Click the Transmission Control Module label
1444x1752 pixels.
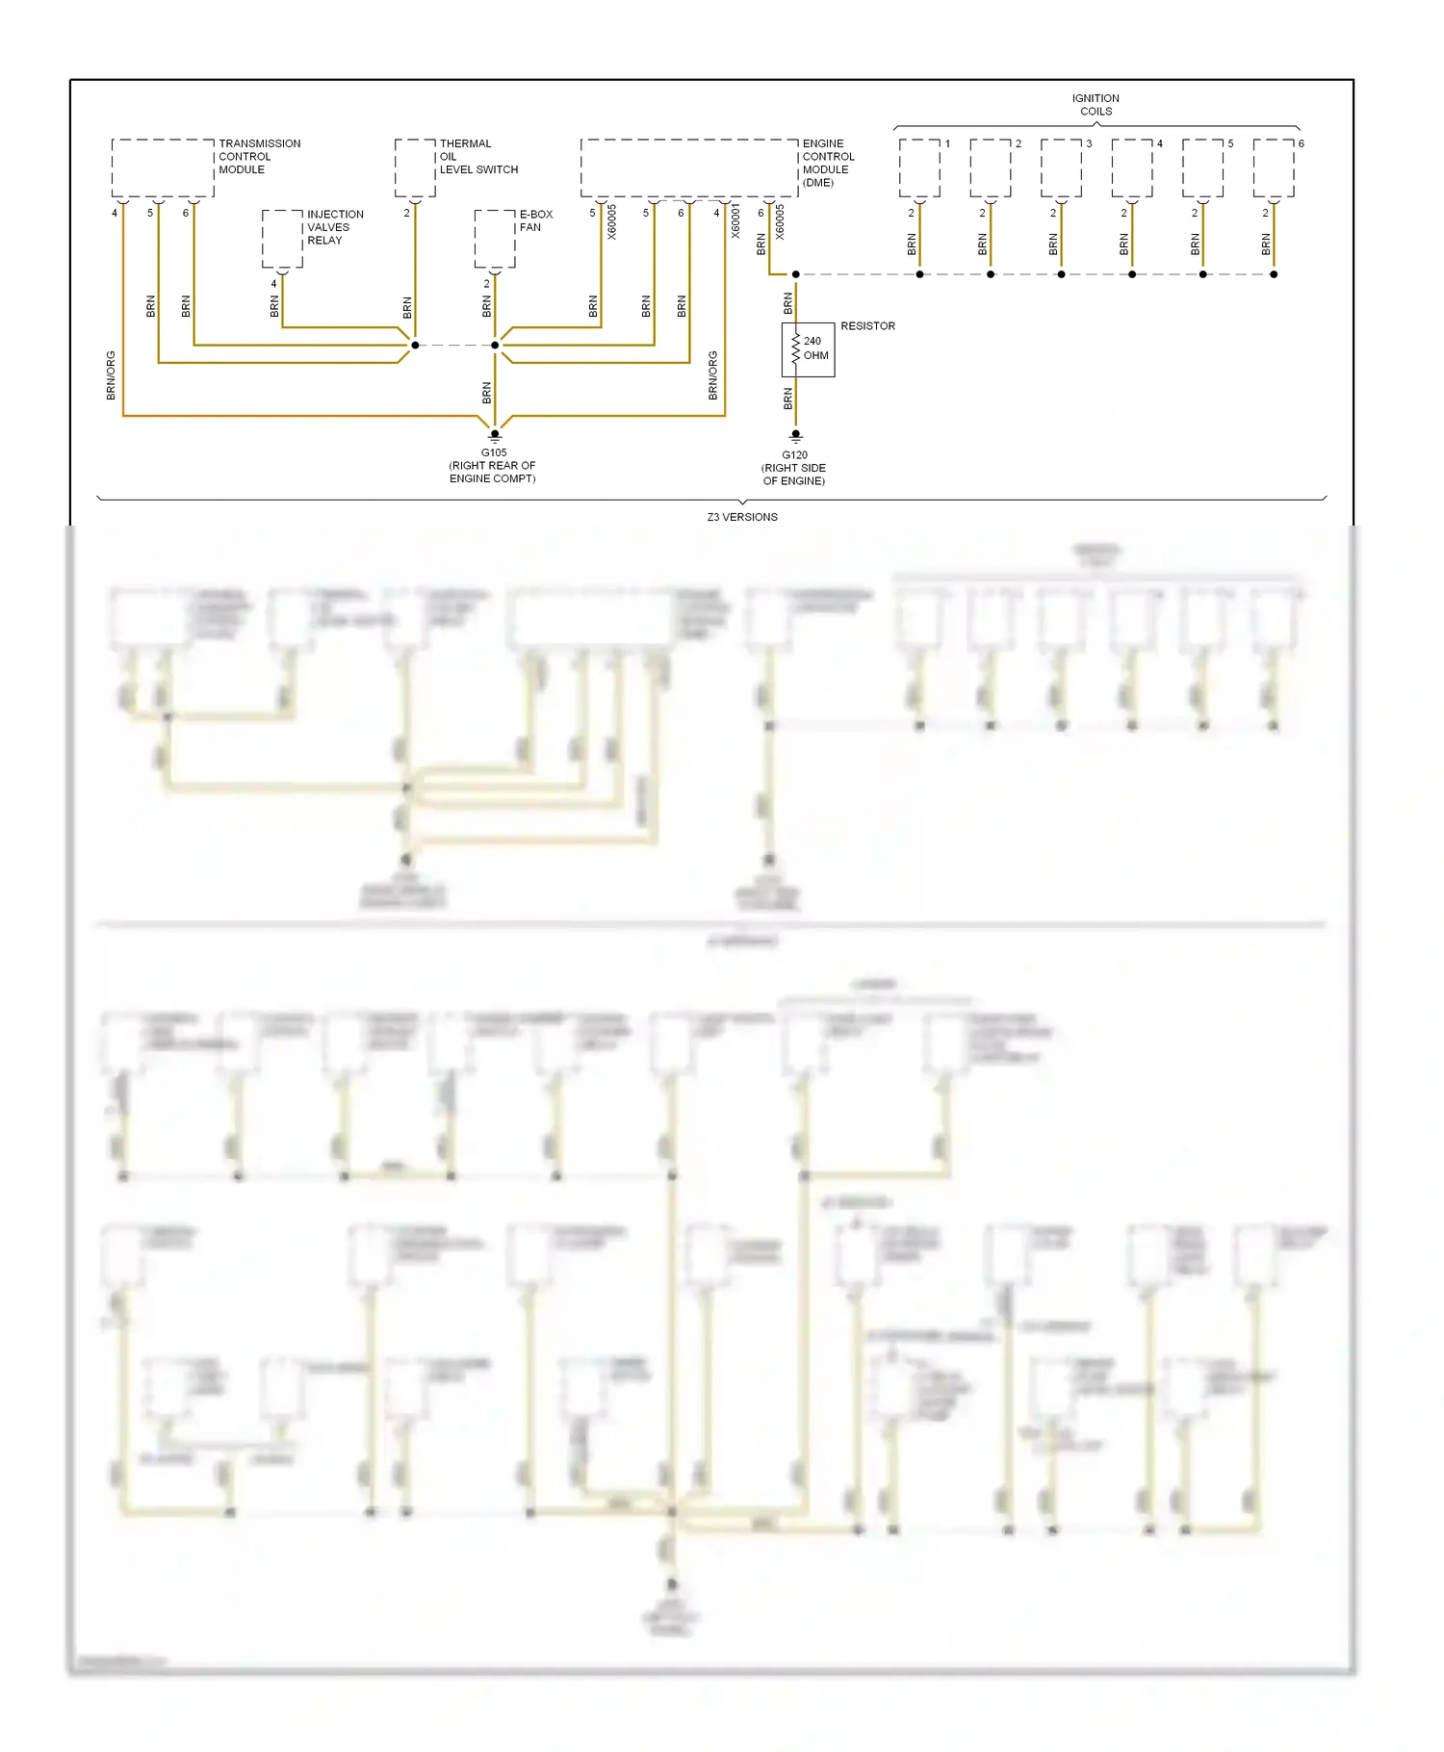[x=258, y=157]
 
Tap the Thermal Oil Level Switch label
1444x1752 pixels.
[x=477, y=157]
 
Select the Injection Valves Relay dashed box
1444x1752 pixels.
[x=282, y=239]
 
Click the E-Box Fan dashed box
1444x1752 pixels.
[x=495, y=239]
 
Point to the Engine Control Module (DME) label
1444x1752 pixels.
[x=827, y=163]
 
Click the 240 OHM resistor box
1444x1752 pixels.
[x=809, y=349]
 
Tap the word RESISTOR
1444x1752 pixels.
[x=867, y=326]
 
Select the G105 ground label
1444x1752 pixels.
[x=493, y=465]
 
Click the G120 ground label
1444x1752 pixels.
[x=794, y=468]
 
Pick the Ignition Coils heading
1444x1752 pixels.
[x=1096, y=105]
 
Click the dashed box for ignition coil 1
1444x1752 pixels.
[x=919, y=168]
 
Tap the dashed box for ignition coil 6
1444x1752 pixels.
[x=1274, y=168]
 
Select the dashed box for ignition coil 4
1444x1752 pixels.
[x=1132, y=168]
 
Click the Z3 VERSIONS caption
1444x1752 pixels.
[x=742, y=517]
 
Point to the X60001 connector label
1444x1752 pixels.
[x=735, y=221]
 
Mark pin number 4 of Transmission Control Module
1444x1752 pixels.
[x=115, y=213]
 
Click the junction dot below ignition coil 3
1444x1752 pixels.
[x=1061, y=274]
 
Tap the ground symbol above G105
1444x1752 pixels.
[x=495, y=436]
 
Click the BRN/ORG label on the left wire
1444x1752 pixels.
[x=111, y=375]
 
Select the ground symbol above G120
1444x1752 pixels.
[x=795, y=436]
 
